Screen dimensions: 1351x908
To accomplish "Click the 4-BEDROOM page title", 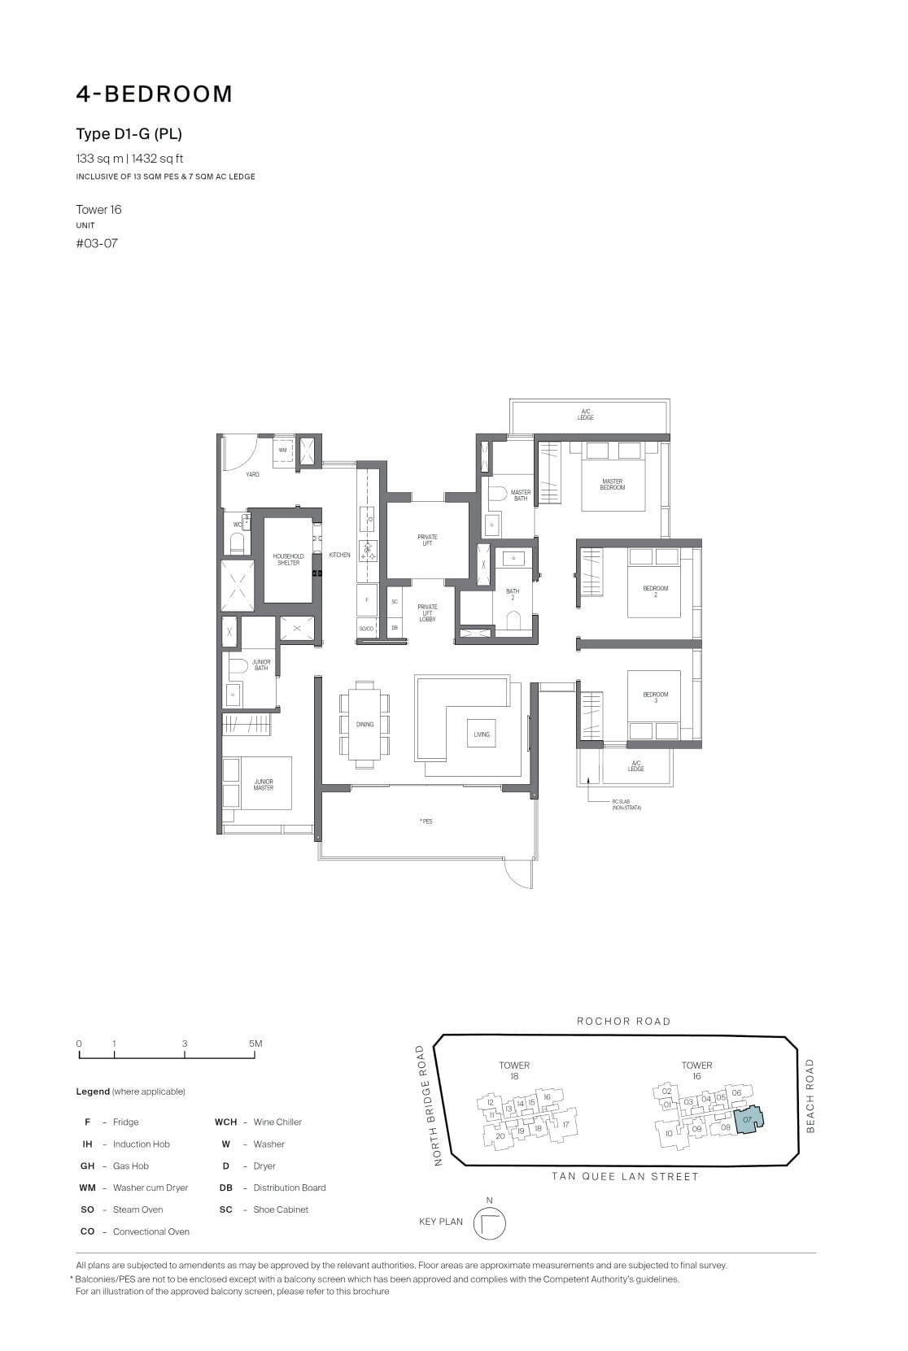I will tap(155, 94).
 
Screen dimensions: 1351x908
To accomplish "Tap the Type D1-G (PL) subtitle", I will tap(129, 134).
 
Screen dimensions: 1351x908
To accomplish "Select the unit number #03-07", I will tap(97, 243).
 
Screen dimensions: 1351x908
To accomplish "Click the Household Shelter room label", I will tap(288, 560).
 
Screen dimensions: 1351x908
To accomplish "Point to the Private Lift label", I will tap(427, 539).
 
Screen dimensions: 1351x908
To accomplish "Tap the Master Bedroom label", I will tap(612, 485).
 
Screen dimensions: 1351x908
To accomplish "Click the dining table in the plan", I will tap(365, 724).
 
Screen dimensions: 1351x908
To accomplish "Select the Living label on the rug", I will tap(482, 734).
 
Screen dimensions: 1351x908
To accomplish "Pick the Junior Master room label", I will tap(263, 785).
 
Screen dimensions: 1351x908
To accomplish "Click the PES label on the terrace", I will tap(426, 821).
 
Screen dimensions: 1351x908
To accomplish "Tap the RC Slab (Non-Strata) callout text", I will tap(626, 804).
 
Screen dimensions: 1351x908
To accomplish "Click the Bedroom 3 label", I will tap(655, 697).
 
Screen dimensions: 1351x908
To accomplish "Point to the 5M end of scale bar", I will tap(255, 1044).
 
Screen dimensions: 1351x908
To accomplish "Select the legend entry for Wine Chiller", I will tap(277, 1122).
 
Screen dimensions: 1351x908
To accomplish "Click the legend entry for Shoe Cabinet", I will tap(280, 1210).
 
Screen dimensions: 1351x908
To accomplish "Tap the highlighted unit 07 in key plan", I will tap(748, 1121).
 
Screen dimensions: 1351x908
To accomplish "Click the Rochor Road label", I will tap(623, 1022).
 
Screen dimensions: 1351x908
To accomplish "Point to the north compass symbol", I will tap(489, 1223).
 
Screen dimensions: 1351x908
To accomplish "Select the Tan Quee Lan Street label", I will tap(624, 1176).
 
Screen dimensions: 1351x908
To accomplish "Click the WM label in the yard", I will tap(282, 450).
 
